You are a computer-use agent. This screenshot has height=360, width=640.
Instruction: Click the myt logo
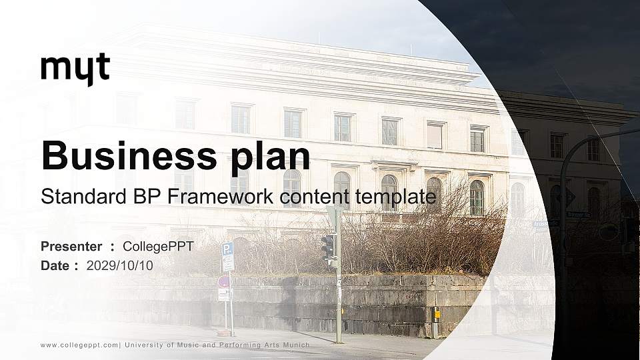(x=75, y=69)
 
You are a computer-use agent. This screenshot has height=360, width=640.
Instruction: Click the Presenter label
(x=71, y=247)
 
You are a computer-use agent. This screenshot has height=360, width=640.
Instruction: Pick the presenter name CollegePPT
(x=158, y=247)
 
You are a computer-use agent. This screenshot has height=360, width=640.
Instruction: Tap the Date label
(x=55, y=265)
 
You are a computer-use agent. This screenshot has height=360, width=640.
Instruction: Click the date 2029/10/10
(x=119, y=265)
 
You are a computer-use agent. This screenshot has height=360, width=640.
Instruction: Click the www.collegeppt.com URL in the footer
(x=80, y=345)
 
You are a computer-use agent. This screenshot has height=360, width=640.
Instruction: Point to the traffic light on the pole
(x=327, y=247)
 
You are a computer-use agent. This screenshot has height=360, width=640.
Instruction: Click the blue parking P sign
(x=227, y=249)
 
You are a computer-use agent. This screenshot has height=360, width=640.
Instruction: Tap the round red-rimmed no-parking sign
(x=224, y=282)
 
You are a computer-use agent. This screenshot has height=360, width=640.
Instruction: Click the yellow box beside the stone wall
(x=437, y=313)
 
